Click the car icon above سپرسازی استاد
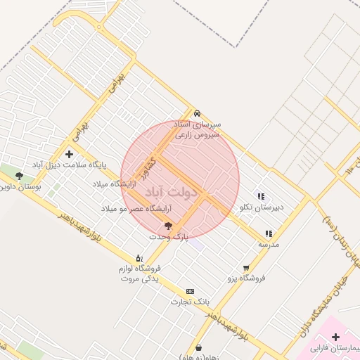pyautogui.click(x=198, y=113)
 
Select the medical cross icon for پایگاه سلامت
pyautogui.click(x=69, y=154)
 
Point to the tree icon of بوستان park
pyautogui.click(x=19, y=176)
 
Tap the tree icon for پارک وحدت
pyautogui.click(x=167, y=226)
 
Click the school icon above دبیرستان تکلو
pyautogui.click(x=261, y=196)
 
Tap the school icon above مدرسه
pyautogui.click(x=269, y=233)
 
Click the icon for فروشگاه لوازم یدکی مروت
pyautogui.click(x=139, y=258)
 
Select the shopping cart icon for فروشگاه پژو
pyautogui.click(x=245, y=267)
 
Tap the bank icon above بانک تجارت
pyautogui.click(x=190, y=291)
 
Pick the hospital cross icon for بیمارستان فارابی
pyautogui.click(x=335, y=337)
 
